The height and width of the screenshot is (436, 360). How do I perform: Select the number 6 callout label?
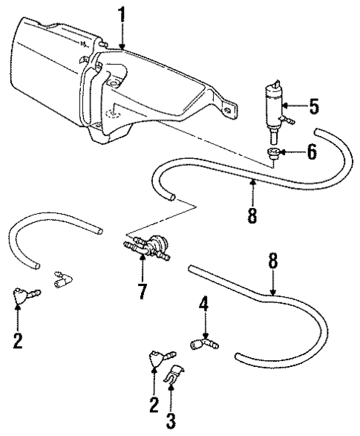(x=312, y=153)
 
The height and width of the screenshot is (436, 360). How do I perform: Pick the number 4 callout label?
(x=203, y=305)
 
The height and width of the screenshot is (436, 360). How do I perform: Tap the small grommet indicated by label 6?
(x=275, y=154)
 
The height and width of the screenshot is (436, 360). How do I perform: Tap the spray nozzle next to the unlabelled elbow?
(x=22, y=299)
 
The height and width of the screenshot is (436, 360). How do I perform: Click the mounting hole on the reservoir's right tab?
(x=225, y=108)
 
